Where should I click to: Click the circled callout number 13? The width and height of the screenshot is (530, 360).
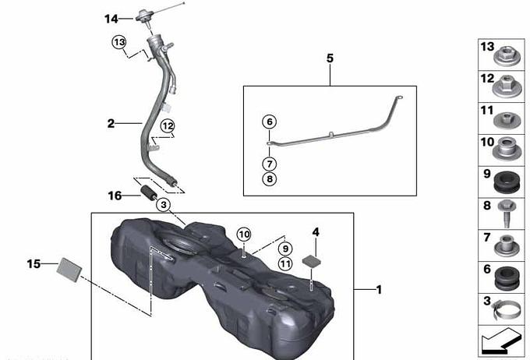(119, 43)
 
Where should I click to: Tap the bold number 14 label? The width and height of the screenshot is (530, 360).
(111, 19)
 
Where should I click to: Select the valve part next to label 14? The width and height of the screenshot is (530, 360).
(145, 17)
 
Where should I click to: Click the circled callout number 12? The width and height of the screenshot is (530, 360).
(168, 126)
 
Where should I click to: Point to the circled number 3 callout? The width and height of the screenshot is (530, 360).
(164, 205)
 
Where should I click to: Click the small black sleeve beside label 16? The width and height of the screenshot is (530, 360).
(149, 192)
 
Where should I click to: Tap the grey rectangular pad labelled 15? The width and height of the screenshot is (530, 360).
(69, 270)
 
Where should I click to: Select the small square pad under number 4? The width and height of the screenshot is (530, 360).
(311, 261)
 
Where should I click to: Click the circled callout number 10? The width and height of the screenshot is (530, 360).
(244, 235)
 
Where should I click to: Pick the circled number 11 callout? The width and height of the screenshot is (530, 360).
(285, 263)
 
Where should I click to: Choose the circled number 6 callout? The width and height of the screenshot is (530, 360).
(270, 122)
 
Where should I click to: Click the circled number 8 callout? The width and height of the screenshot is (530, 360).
(270, 178)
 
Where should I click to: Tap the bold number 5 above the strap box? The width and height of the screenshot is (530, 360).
(330, 58)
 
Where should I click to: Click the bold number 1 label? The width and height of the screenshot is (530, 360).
(379, 290)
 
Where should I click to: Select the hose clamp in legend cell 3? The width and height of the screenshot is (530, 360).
(507, 310)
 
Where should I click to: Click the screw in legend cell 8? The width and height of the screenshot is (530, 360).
(507, 214)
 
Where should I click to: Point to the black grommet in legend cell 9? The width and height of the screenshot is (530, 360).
(507, 182)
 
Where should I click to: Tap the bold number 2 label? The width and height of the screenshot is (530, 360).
(111, 124)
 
